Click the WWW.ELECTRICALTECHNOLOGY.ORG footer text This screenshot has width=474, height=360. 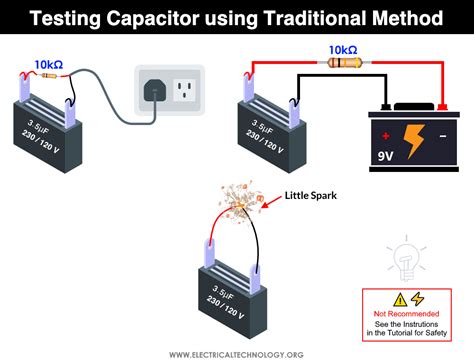coord(237,353)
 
